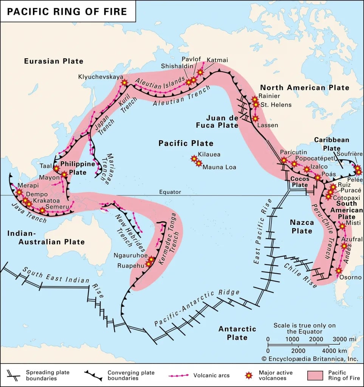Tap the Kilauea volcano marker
coord(194,159)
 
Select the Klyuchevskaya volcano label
coord(101,77)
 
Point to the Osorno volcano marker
coord(339,271)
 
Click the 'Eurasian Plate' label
coord(53,61)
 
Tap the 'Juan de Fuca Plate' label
coord(222,121)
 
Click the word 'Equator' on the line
coord(170,192)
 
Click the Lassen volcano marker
coord(256,118)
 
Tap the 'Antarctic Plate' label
coord(237,333)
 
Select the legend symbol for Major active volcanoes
coord(248,375)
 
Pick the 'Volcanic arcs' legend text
coord(211,375)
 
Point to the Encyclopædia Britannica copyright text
coord(310,359)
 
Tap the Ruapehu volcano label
coord(128,266)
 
